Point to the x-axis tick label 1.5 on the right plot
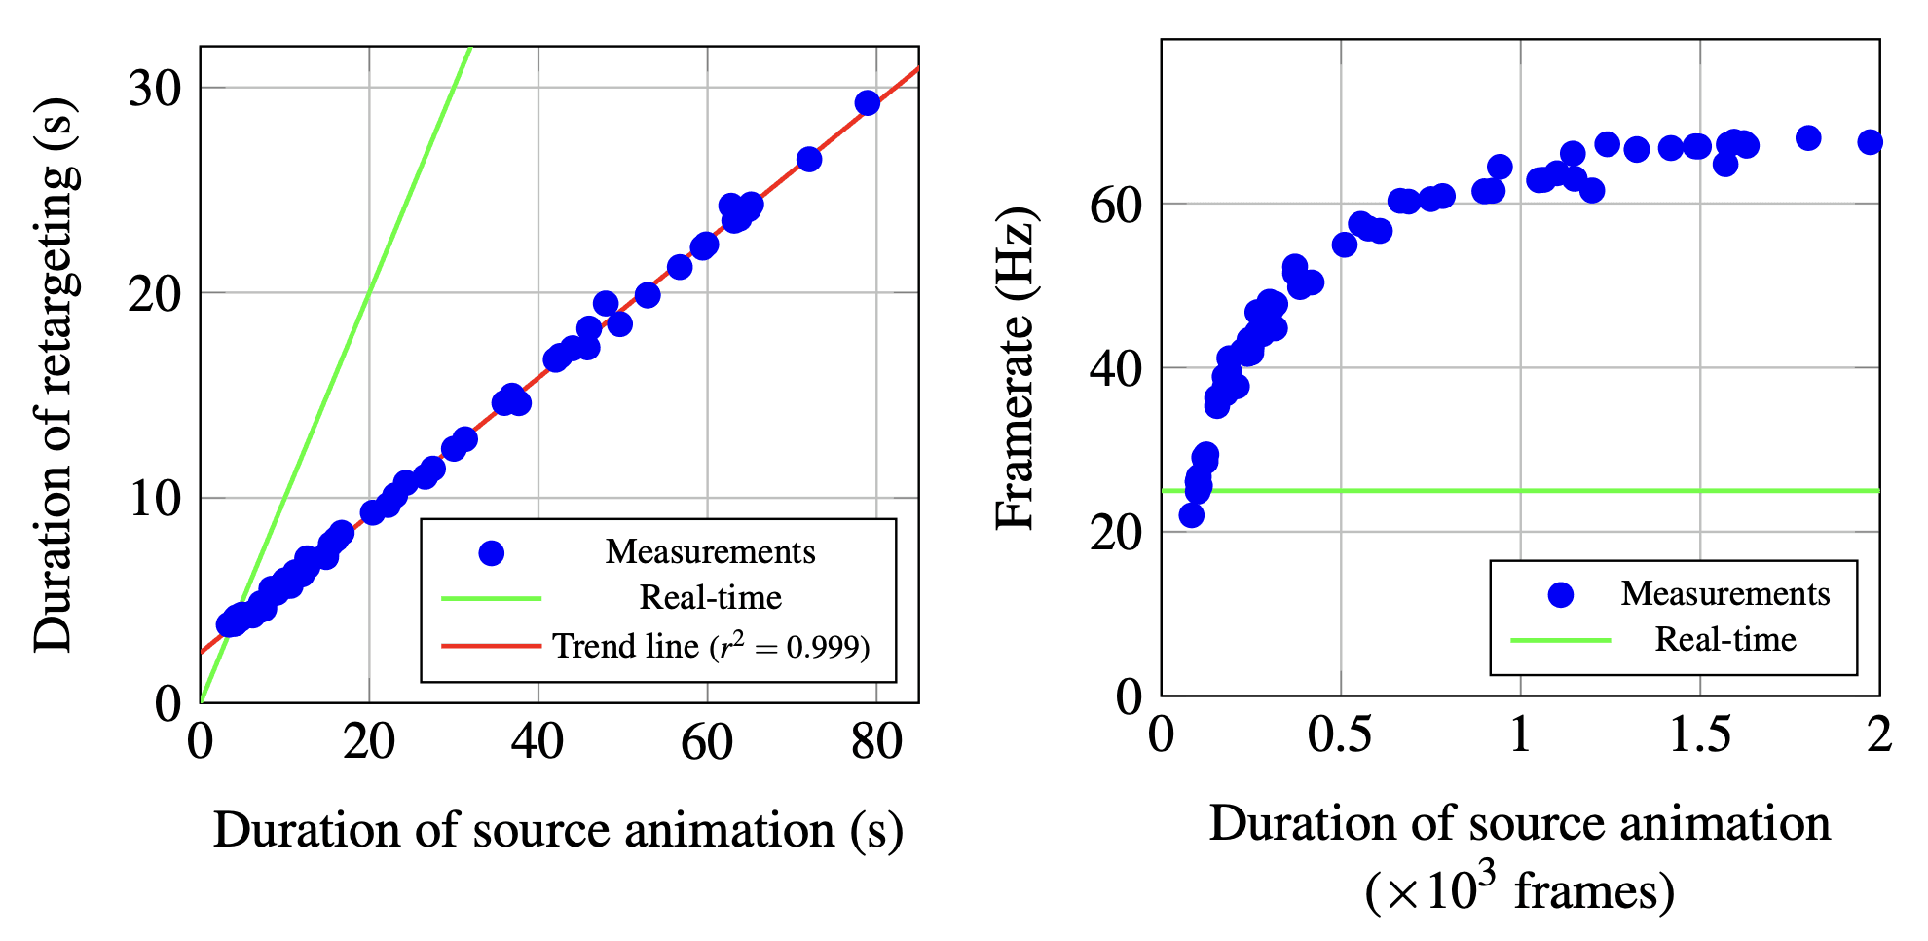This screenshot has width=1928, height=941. point(1700,735)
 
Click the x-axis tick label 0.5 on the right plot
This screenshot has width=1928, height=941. point(1340,735)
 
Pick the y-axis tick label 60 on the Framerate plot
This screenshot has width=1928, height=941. point(1116,206)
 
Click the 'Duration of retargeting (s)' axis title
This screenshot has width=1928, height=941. point(55,375)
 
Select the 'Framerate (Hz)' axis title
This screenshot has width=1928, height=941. point(1016,368)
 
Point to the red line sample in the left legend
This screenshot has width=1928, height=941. point(491,646)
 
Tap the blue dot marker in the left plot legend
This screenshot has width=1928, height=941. point(492,553)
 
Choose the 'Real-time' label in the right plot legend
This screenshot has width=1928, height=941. point(1725,640)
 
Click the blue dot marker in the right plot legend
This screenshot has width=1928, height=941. point(1561,594)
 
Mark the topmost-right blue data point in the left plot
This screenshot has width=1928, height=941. point(868,103)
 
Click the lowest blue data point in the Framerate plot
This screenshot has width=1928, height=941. point(1192,515)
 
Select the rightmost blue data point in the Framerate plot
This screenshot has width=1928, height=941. point(1870,142)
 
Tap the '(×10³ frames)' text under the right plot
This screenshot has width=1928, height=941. point(1519,890)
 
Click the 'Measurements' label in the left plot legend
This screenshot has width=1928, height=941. point(710,552)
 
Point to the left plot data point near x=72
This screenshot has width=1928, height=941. point(809,159)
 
